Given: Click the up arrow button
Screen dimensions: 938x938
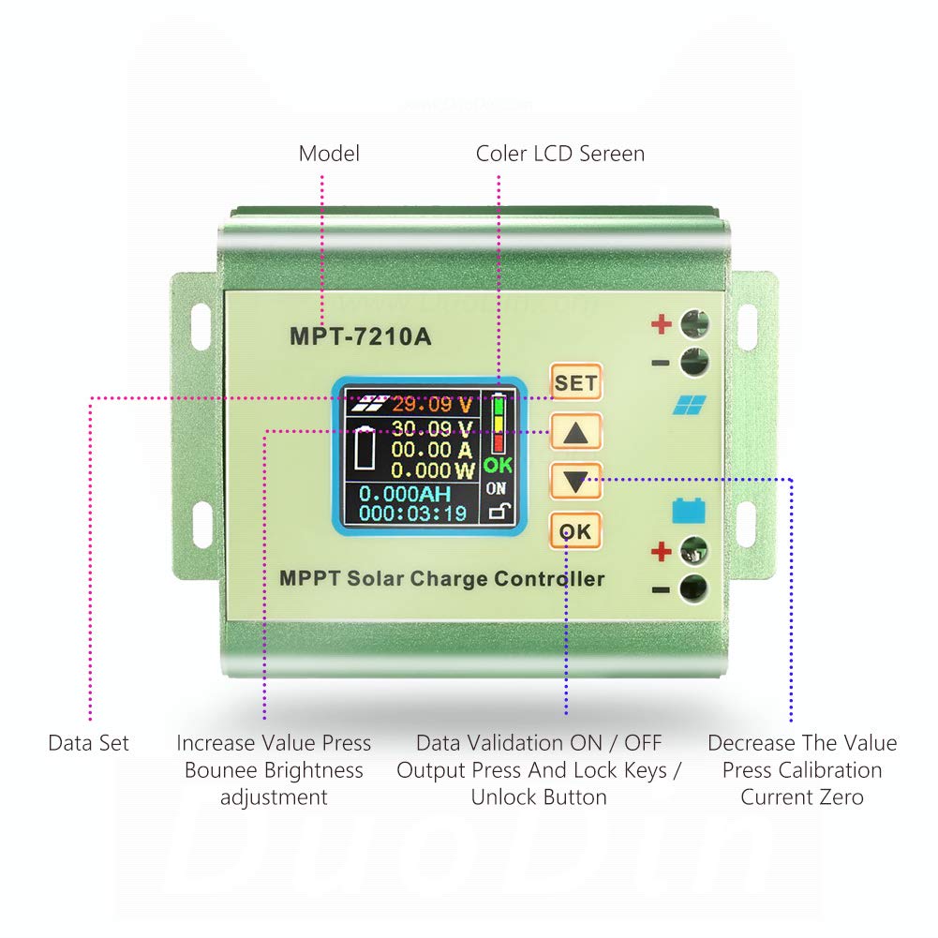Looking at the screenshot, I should coord(575,432).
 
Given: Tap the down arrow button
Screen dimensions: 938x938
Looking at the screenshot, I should coord(575,482).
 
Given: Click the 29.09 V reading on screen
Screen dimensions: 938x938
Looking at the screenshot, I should coord(432,405).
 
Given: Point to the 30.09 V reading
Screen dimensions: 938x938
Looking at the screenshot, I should coord(432,429).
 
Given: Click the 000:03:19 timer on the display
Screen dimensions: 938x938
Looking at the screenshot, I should coord(413,513).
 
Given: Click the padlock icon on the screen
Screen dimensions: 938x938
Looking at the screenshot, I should coord(497,511).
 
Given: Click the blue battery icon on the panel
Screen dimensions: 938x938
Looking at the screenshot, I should coord(687,511).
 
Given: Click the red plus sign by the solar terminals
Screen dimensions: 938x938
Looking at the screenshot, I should coord(662,325).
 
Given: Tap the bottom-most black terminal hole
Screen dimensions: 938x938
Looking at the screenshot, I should coord(694,589).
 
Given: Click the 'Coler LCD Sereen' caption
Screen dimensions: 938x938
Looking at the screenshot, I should coord(559,154).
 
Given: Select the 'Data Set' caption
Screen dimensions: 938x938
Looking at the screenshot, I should coord(88,743).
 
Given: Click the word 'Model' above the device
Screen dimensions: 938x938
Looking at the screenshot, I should coord(329,154).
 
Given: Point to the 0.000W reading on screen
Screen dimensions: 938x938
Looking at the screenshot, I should coord(432,469).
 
